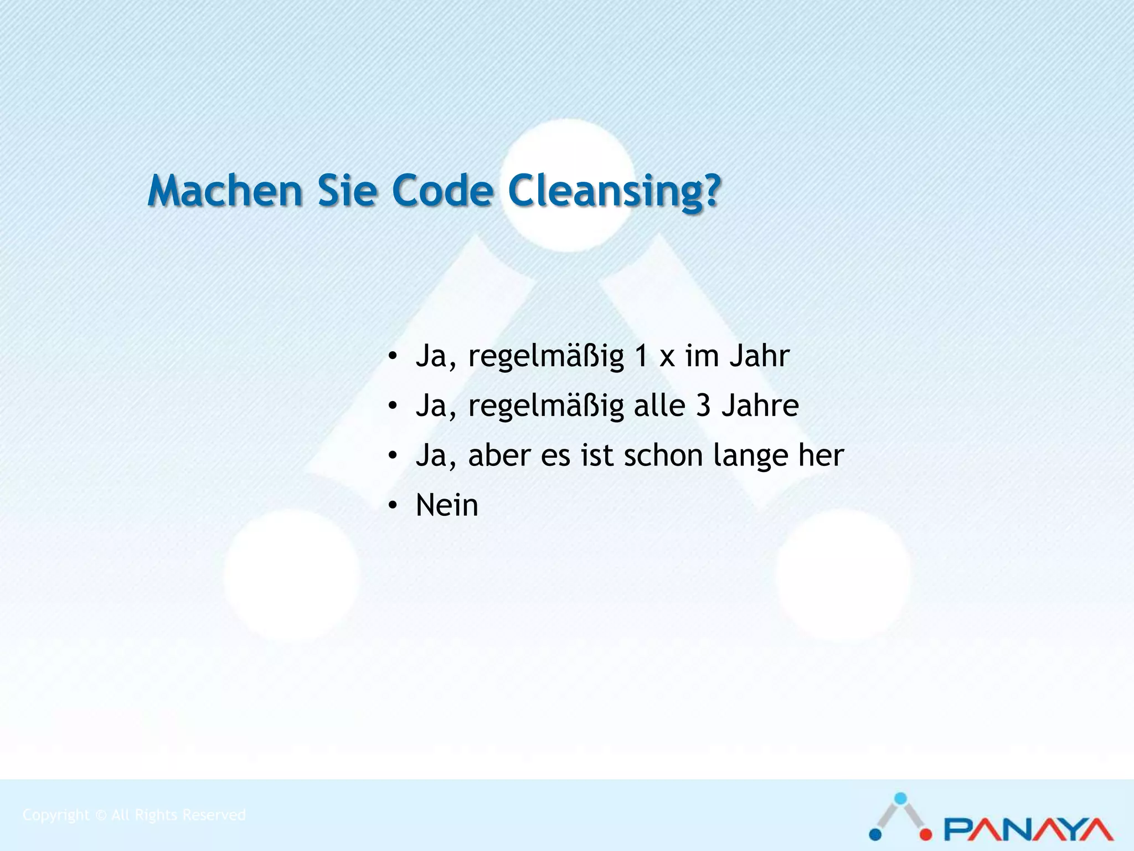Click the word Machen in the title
pyautogui.click(x=225, y=191)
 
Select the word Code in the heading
pyautogui.click(x=442, y=191)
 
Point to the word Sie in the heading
pyautogui.click(x=347, y=191)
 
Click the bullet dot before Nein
pyautogui.click(x=393, y=505)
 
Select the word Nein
pyautogui.click(x=447, y=505)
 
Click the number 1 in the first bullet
pyautogui.click(x=641, y=356)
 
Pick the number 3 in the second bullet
pyautogui.click(x=703, y=406)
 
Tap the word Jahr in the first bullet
pyautogui.click(x=759, y=356)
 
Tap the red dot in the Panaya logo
pyautogui.click(x=926, y=834)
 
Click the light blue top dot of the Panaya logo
pyautogui.click(x=901, y=798)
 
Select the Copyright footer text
pyautogui.click(x=134, y=815)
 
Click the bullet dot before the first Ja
pyautogui.click(x=393, y=356)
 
